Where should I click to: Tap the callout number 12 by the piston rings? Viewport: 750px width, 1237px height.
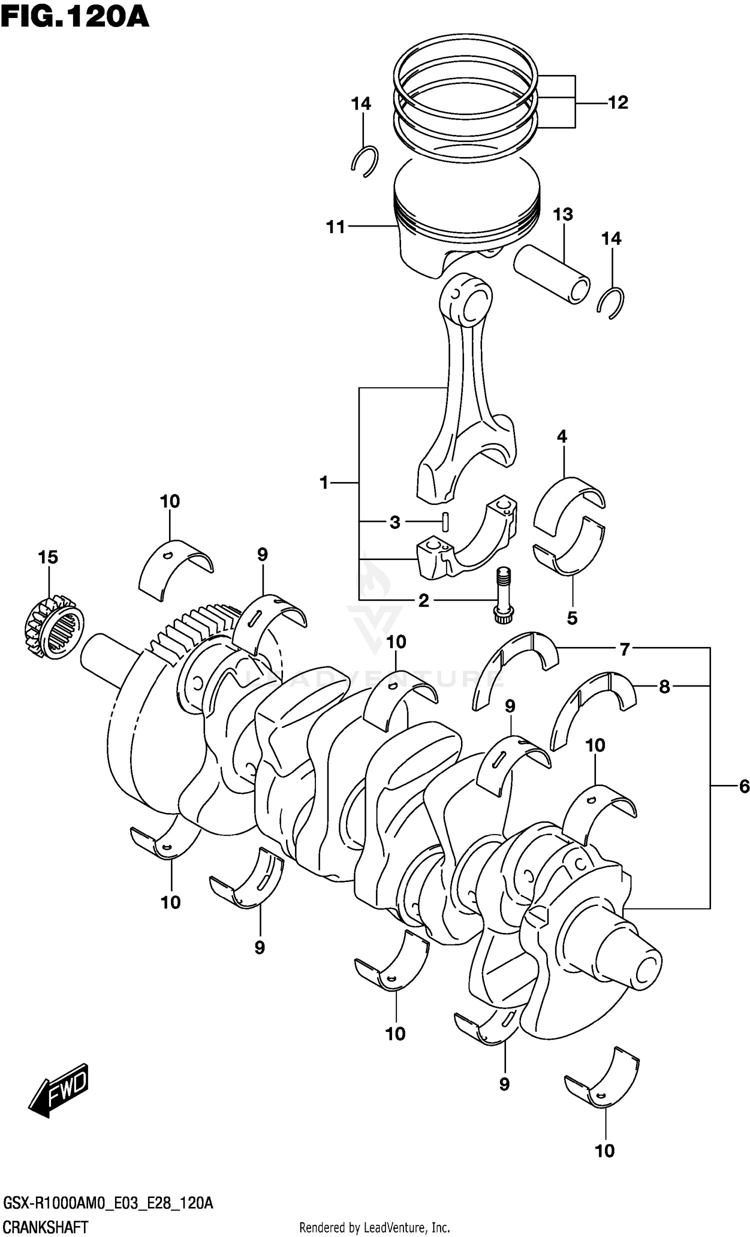click(618, 102)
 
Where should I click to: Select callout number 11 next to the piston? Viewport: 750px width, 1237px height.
click(336, 227)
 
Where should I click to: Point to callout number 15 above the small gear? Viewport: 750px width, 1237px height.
click(48, 557)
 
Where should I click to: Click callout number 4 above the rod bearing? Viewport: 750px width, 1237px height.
click(561, 436)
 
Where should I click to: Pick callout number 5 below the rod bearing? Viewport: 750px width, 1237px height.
click(572, 618)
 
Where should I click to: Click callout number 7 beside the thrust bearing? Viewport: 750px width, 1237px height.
click(624, 649)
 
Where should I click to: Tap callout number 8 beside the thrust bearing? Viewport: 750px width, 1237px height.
click(664, 686)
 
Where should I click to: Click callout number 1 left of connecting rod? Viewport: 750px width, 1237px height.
click(324, 482)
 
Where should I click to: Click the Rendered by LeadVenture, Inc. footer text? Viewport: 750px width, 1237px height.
click(374, 1228)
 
